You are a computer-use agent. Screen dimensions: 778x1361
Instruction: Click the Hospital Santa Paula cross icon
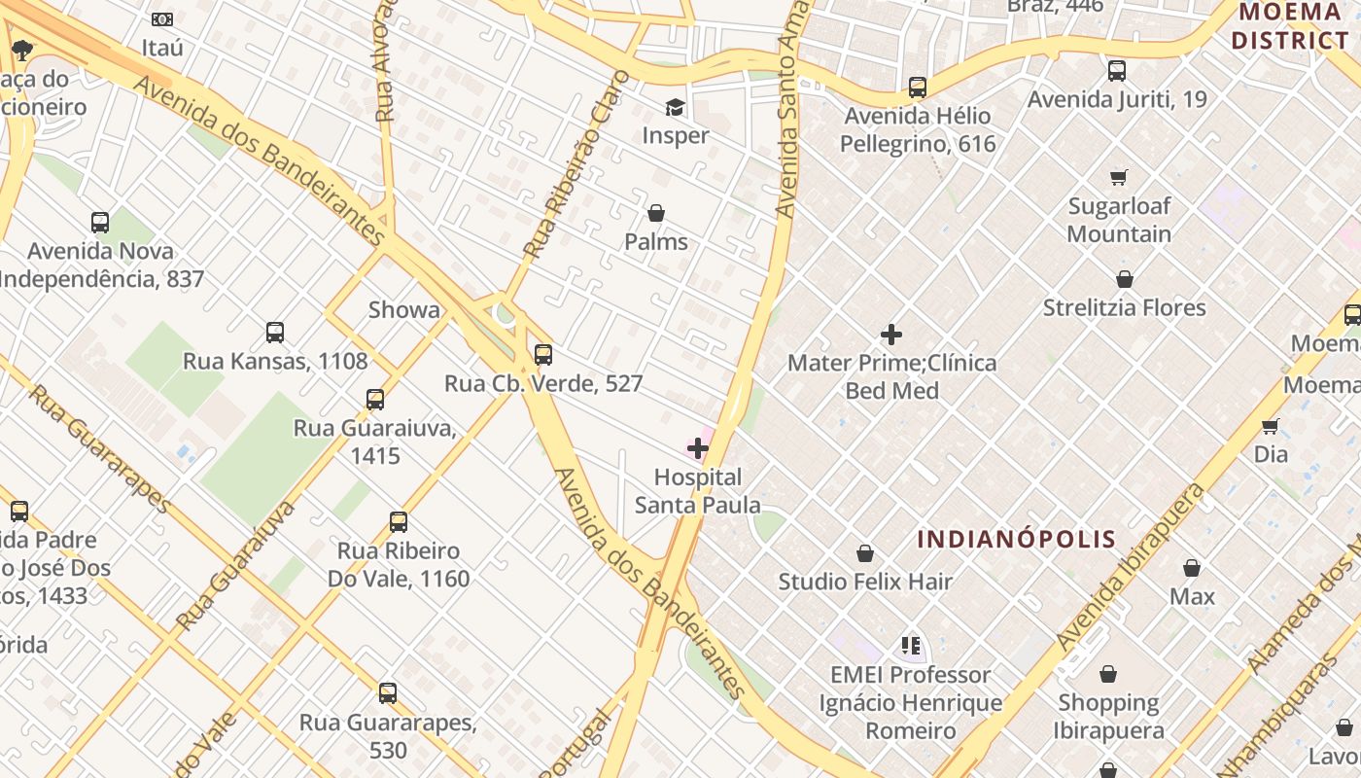698,448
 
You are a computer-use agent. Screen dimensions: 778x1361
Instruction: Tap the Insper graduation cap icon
675,107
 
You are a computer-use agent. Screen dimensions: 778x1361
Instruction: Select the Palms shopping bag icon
656,213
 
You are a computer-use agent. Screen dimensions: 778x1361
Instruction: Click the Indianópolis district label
1016,539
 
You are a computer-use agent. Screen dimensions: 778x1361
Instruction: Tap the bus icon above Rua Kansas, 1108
275,333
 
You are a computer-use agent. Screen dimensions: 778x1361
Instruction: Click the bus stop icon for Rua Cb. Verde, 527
543,354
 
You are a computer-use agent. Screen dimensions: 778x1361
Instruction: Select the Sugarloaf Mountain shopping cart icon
1119,177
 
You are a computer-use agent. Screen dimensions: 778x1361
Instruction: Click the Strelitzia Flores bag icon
1125,279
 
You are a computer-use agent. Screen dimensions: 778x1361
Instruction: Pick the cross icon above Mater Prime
890,335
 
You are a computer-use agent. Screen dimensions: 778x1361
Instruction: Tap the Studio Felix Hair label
865,582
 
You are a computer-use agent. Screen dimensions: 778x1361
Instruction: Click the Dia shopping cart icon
1270,426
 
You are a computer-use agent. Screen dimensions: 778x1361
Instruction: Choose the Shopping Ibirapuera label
1108,717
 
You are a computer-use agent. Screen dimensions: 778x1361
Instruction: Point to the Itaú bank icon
162,19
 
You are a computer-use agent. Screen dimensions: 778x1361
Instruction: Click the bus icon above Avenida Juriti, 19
1117,71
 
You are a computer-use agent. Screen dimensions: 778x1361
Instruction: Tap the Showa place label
403,310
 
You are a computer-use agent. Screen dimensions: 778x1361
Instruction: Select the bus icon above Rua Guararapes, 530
388,693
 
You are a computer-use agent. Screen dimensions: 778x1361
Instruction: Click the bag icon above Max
1192,568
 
